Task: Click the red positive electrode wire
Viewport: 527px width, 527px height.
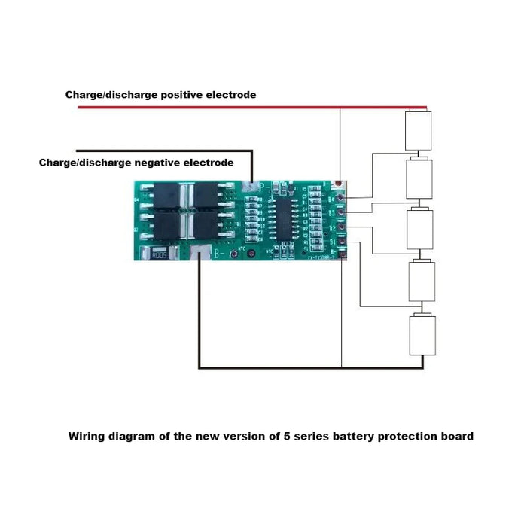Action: tap(226, 108)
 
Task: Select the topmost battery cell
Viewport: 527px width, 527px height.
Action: tap(419, 130)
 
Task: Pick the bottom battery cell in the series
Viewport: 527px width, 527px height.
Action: tap(422, 336)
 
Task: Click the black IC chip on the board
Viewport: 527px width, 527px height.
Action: tap(287, 214)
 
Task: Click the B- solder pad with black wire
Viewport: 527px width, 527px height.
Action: tap(200, 254)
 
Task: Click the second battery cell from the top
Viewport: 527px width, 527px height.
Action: tap(419, 178)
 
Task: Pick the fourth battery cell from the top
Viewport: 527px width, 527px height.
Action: tap(420, 280)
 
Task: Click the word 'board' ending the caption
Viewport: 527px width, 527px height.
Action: tap(458, 436)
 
